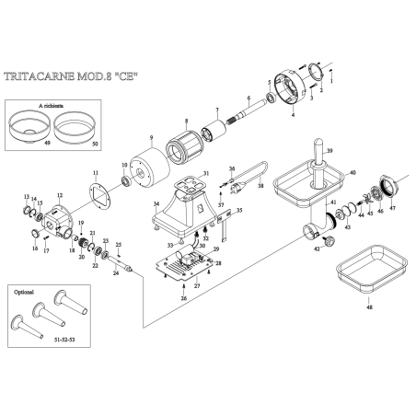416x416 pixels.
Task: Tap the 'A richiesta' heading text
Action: (52, 106)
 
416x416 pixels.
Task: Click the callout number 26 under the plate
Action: (184, 299)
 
